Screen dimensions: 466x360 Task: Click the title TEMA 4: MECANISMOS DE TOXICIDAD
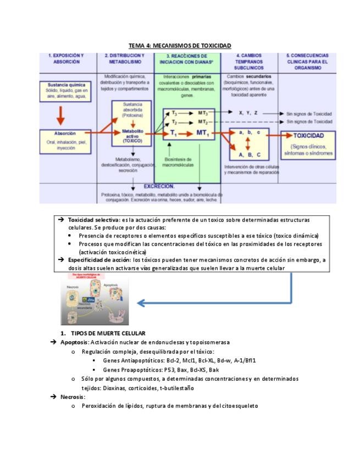point(180,46)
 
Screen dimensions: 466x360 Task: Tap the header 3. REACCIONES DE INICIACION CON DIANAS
point(187,59)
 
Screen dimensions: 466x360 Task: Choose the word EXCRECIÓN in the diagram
point(159,186)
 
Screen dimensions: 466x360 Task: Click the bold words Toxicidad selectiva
point(90,220)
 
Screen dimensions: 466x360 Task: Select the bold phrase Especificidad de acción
point(99,259)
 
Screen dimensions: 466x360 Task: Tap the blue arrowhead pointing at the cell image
point(141,302)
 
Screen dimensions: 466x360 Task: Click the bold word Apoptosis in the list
point(74,342)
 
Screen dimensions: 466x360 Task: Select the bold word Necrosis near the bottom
point(73,396)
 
